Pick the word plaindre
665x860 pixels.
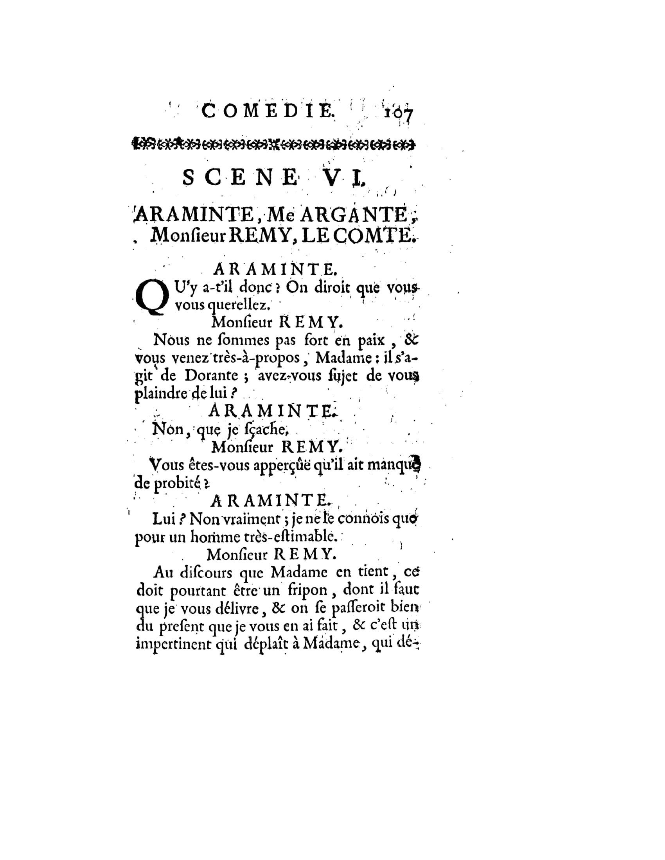tap(161, 394)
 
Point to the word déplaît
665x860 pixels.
tap(267, 644)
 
